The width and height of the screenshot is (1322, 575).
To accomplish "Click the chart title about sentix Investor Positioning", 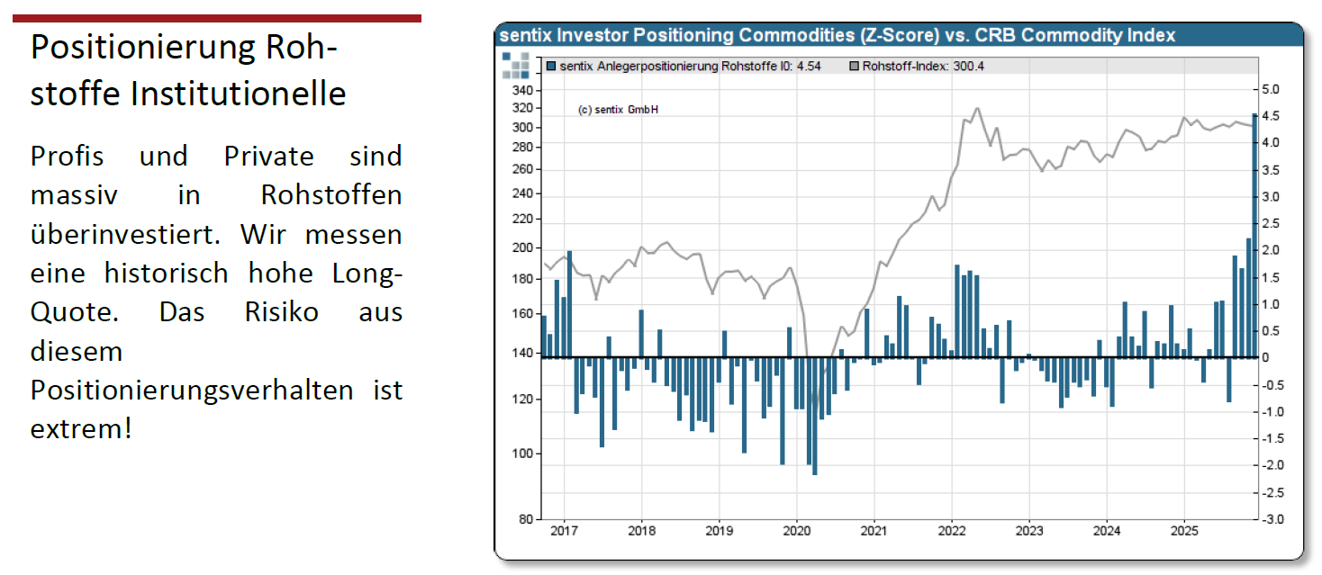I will point(837,36).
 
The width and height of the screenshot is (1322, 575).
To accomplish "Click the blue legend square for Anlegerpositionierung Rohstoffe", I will point(551,66).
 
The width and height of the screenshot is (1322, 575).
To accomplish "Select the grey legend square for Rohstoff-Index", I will point(854,66).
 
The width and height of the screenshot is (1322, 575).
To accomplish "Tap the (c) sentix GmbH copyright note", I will point(618,110).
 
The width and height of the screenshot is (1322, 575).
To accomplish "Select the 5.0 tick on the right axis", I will point(1270,89).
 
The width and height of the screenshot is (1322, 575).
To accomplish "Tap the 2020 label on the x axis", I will point(797,531).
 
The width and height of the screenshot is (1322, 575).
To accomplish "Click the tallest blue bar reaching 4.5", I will point(1254,234).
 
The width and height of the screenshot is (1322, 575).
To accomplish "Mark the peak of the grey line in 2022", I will point(977,109).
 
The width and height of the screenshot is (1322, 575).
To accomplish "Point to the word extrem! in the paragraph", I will point(81,428).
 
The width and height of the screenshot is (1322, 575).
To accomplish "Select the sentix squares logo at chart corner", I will point(516,65).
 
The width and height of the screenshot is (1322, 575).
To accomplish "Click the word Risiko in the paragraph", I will point(289,312).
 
